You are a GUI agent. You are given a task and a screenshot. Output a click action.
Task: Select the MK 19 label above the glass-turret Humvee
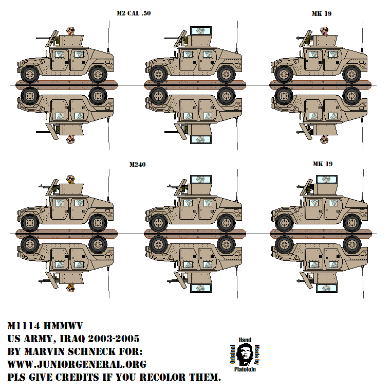[322, 164]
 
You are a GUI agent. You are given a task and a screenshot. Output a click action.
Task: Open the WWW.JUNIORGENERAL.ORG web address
[77, 364]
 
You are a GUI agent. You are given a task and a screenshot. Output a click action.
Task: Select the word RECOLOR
[165, 377]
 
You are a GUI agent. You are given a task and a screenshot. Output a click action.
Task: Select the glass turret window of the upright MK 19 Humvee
[327, 180]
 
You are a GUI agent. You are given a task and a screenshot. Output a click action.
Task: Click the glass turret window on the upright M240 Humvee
[200, 180]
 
